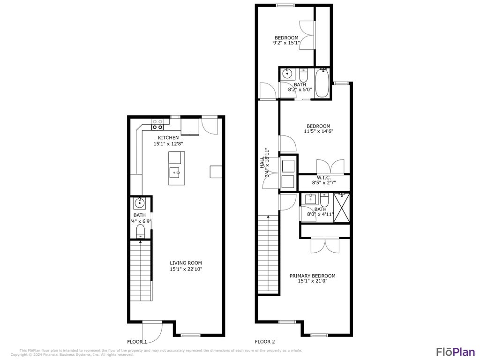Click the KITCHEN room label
(x=168, y=137)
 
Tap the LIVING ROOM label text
(x=186, y=263)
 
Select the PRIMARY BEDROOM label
(x=312, y=276)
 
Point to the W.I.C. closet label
(x=323, y=178)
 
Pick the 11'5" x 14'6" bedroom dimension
(x=318, y=132)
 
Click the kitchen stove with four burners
(x=157, y=124)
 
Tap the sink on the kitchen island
(x=177, y=172)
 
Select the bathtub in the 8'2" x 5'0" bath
(x=322, y=83)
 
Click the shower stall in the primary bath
(x=342, y=207)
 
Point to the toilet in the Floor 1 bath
(x=140, y=231)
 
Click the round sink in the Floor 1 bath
(x=139, y=203)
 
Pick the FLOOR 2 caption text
(x=265, y=342)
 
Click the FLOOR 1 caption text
(x=137, y=342)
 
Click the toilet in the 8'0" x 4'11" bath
(x=323, y=200)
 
